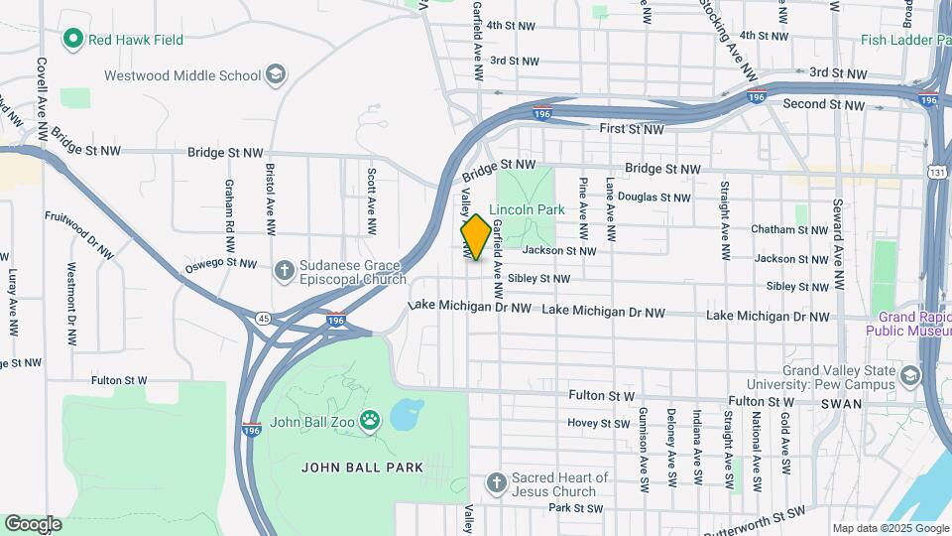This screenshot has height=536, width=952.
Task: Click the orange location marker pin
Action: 476,237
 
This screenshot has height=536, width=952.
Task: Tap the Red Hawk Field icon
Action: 72,40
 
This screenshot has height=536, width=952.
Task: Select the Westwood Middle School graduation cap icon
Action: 275,75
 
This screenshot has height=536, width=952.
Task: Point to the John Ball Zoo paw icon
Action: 371,421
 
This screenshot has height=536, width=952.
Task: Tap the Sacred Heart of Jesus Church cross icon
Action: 497,483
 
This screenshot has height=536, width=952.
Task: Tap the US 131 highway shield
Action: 937,172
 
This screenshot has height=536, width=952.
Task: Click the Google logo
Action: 33,524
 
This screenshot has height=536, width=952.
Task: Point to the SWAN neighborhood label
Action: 843,404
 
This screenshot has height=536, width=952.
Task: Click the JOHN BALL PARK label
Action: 362,468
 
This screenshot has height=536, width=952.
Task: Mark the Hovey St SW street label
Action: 599,423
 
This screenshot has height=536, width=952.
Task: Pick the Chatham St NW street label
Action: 788,229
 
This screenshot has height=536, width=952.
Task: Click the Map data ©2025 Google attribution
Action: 890,528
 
